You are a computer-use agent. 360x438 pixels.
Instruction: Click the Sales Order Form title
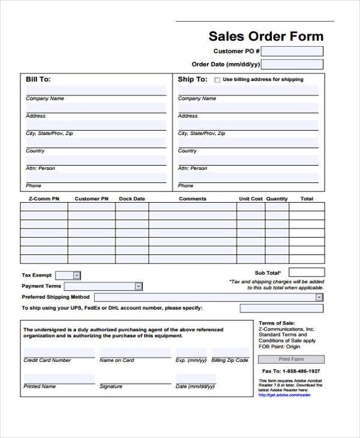266,36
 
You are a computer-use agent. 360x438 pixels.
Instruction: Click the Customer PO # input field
292,52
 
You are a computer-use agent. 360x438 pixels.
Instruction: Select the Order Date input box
292,65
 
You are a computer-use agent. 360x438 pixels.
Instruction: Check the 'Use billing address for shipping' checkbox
217,80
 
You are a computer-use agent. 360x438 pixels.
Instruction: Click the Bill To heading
38,79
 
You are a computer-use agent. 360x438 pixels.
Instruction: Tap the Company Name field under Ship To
248,91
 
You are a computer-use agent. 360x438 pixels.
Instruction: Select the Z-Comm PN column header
44,199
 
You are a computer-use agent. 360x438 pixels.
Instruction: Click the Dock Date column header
132,199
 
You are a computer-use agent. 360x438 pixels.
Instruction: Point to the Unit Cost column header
251,199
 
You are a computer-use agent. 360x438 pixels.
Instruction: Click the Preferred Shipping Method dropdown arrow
319,297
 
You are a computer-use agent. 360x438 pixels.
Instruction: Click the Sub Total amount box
307,272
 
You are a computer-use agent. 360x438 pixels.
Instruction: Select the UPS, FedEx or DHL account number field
281,308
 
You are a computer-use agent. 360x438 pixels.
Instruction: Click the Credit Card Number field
59,352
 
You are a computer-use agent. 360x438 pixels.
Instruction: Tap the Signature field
134,379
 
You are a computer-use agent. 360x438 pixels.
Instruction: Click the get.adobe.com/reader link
284,395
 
